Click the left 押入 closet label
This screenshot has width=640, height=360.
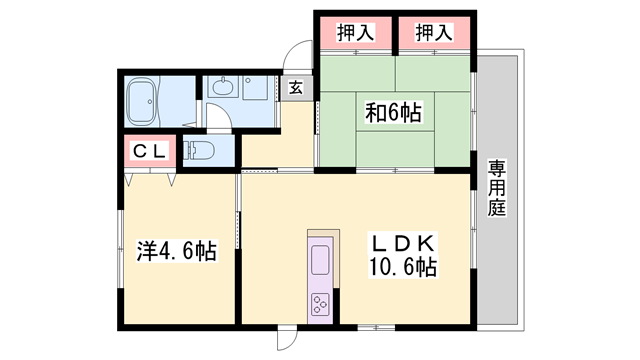pyautogui.click(x=355, y=33)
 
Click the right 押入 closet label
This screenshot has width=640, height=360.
pyautogui.click(x=434, y=33)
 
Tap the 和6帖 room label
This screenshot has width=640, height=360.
pyautogui.click(x=393, y=113)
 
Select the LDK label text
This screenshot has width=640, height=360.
pyautogui.click(x=402, y=244)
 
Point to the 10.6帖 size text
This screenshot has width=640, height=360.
pyautogui.click(x=402, y=268)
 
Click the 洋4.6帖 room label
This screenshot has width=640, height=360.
pyautogui.click(x=176, y=251)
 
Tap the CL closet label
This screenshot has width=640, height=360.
pyautogui.click(x=149, y=151)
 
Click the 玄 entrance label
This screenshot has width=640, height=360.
pyautogui.click(x=296, y=88)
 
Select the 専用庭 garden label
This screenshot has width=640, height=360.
pyautogui.click(x=497, y=188)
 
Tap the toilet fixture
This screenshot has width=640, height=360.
pyautogui.click(x=199, y=151)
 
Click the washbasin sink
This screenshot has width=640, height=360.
pyautogui.click(x=223, y=86)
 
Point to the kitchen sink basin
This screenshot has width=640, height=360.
pyautogui.click(x=320, y=260)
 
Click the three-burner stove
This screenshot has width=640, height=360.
pyautogui.click(x=320, y=304)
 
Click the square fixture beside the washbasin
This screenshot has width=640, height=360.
pyautogui.click(x=255, y=87)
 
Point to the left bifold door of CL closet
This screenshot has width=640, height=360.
pyautogui.click(x=129, y=180)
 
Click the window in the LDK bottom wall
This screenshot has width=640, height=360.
pyautogui.click(x=376, y=327)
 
